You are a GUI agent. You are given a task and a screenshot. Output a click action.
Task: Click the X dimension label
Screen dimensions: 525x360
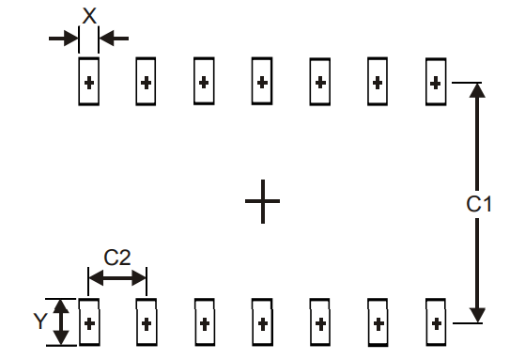pyautogui.click(x=89, y=16)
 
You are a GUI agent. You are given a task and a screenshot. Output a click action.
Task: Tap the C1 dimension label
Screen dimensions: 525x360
pyautogui.click(x=478, y=202)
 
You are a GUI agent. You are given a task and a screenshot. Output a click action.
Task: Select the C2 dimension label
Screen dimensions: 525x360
pyautogui.click(x=117, y=257)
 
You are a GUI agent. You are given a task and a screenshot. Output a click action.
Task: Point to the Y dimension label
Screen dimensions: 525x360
pyautogui.click(x=39, y=321)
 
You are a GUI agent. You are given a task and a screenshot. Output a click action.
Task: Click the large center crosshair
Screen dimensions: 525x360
pyautogui.click(x=262, y=201)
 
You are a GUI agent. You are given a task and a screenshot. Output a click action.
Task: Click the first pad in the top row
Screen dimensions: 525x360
pyautogui.click(x=89, y=82)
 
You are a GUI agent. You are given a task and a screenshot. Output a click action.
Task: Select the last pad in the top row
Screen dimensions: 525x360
pyautogui.click(x=435, y=82)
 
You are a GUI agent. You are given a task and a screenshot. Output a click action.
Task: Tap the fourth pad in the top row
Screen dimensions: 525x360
pyautogui.click(x=262, y=82)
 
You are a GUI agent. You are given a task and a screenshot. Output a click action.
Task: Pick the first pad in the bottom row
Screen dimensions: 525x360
pyautogui.click(x=89, y=323)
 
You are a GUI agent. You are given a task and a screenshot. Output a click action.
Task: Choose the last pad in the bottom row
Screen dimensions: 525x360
pyautogui.click(x=435, y=323)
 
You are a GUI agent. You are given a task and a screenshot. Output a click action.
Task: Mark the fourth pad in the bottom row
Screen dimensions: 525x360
pyautogui.click(x=262, y=323)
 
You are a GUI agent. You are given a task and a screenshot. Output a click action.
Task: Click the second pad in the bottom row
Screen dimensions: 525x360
pyautogui.click(x=147, y=323)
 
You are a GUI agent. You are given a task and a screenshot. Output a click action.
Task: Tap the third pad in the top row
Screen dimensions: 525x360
pyautogui.click(x=204, y=82)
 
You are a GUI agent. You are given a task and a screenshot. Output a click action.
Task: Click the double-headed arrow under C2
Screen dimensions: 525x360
pyautogui.click(x=117, y=277)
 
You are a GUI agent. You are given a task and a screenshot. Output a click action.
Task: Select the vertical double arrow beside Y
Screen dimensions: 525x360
pyautogui.click(x=61, y=322)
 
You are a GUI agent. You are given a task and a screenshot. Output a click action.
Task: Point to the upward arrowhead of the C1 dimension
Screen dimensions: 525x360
pyautogui.click(x=477, y=91)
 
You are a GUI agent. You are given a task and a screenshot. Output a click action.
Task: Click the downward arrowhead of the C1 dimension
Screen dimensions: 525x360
pyautogui.click(x=477, y=314)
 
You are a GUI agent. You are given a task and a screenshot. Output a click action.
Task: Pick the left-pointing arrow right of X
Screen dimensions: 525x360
pyautogui.click(x=113, y=38)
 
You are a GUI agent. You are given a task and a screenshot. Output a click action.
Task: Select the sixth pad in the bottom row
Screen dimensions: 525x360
pyautogui.click(x=378, y=323)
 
